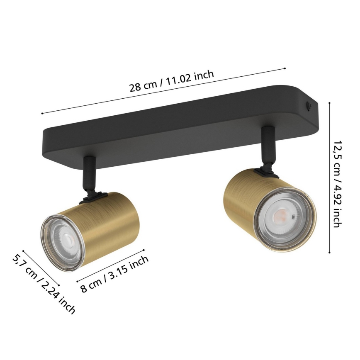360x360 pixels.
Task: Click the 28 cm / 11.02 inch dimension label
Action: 171,82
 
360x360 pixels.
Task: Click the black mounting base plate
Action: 174,124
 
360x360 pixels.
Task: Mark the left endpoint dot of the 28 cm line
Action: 42,113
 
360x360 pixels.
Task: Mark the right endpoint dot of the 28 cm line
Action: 285,68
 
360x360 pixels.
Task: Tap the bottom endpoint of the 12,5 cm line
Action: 330,252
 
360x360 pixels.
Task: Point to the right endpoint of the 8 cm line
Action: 144,250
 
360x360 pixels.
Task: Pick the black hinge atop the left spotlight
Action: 94,194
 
